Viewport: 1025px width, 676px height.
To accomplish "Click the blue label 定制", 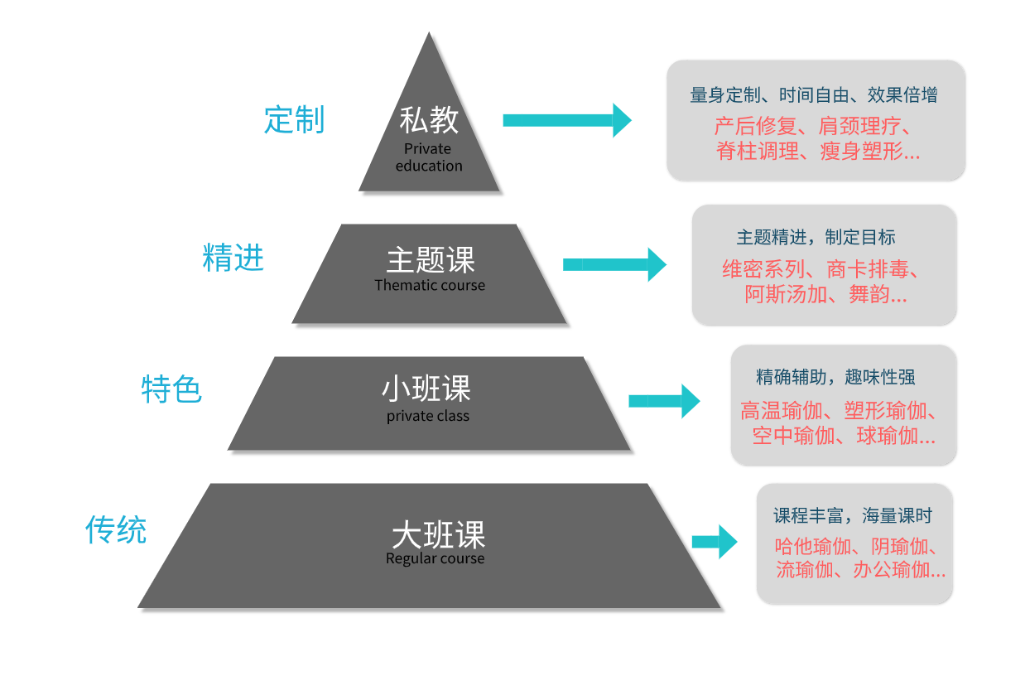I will click(x=294, y=120).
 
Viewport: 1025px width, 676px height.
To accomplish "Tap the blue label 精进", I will click(x=233, y=258).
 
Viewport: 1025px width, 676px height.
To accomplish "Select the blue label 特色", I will click(x=171, y=389).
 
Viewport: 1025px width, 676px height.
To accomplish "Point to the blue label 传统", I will click(x=116, y=529).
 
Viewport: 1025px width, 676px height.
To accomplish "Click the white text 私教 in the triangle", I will click(x=429, y=121).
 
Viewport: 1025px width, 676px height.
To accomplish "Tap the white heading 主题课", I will click(x=431, y=260).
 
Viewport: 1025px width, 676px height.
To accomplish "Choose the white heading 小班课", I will click(x=426, y=389).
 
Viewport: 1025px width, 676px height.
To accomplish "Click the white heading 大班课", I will click(x=438, y=534).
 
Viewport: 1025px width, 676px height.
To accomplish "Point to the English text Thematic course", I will click(x=430, y=285).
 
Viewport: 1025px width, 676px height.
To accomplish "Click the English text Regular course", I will click(x=435, y=558).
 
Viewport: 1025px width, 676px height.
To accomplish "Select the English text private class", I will click(x=427, y=416).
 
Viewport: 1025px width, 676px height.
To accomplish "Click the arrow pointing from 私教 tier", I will click(x=566, y=120).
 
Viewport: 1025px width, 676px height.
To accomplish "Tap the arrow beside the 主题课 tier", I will click(x=614, y=264).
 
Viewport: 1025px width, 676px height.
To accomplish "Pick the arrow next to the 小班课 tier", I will click(x=664, y=401).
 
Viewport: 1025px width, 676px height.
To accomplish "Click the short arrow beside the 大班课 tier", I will click(x=714, y=542).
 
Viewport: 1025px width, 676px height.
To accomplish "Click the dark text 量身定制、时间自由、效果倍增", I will click(x=814, y=95).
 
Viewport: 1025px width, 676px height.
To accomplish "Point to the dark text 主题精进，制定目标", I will click(x=816, y=238).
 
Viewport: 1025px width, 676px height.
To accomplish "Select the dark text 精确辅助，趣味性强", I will click(x=835, y=378).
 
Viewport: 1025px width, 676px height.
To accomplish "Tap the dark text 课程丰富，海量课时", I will click(x=853, y=516).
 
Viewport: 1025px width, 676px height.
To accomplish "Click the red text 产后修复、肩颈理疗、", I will click(x=813, y=127).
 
